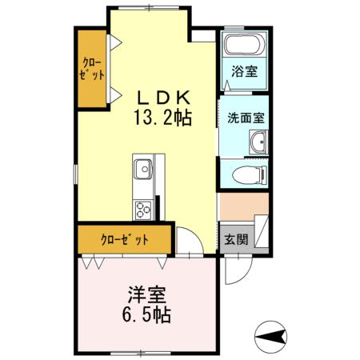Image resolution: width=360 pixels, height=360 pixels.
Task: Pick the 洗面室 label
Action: (244, 117)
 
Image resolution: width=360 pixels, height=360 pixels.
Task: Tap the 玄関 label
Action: (235, 239)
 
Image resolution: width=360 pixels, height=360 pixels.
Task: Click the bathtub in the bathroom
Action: (244, 44)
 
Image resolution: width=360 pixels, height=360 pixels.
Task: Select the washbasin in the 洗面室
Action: (257, 143)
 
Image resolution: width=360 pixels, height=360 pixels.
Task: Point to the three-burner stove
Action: (143, 210)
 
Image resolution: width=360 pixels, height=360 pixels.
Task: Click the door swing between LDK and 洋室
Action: (187, 241)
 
